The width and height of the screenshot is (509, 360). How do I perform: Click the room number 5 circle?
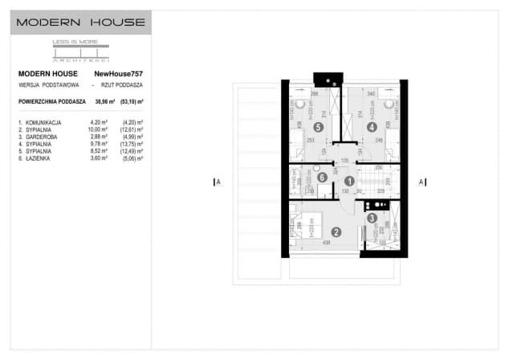click(x=319, y=127)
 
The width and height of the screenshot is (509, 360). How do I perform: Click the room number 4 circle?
click(x=373, y=127)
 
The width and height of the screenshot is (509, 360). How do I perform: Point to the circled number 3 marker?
click(x=373, y=217)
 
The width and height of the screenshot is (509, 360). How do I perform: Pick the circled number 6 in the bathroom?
click(x=322, y=178)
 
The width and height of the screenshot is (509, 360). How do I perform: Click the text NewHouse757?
click(x=118, y=73)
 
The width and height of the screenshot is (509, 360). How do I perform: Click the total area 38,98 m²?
click(x=105, y=101)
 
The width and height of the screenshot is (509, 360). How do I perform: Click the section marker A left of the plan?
click(x=217, y=182)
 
